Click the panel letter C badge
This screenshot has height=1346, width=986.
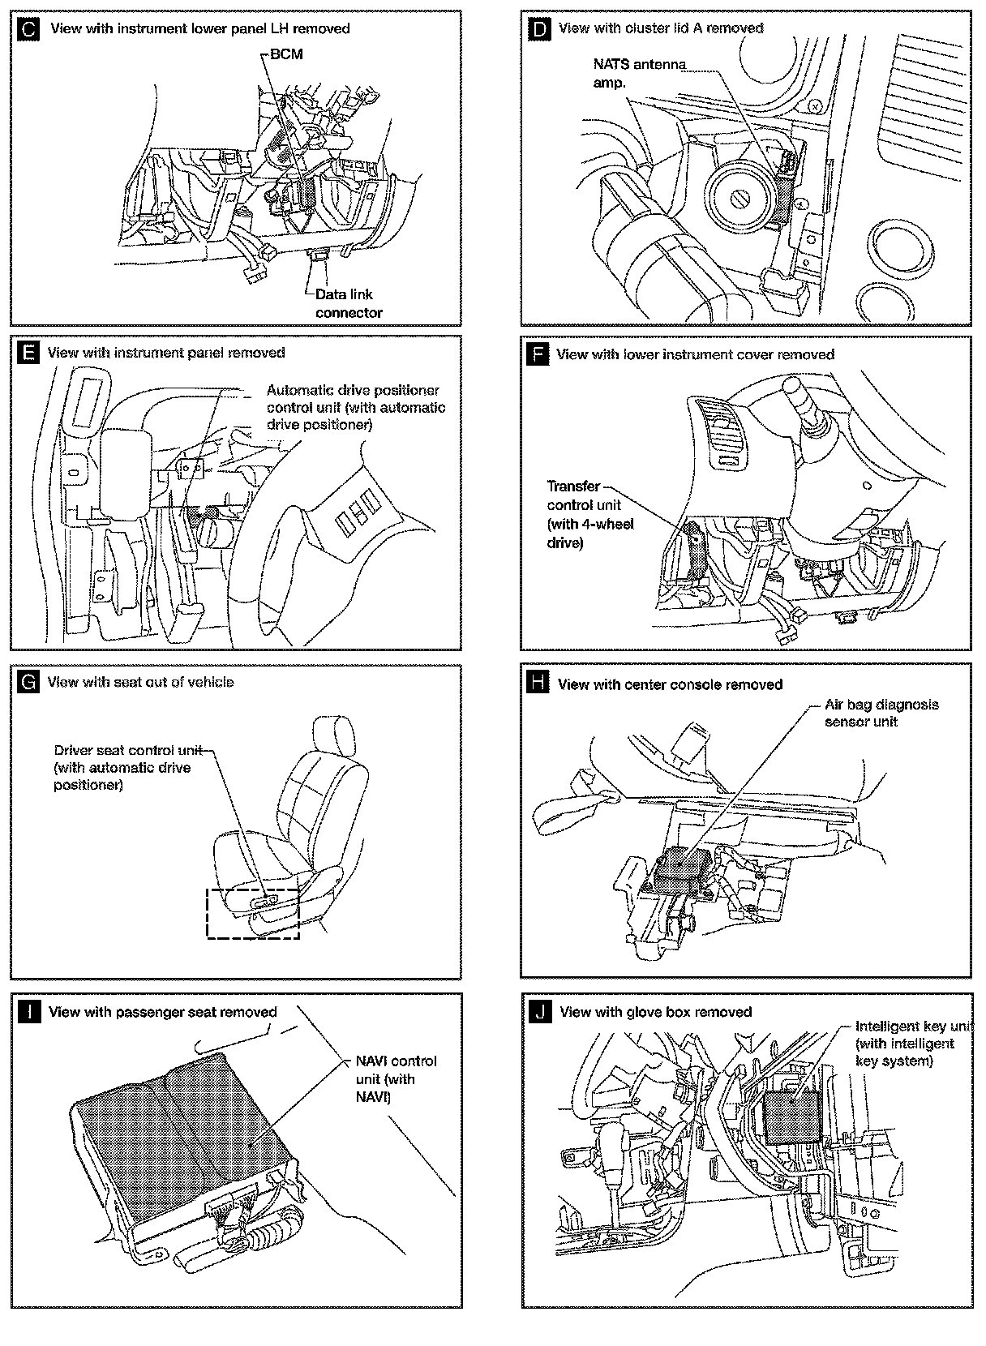pyautogui.click(x=28, y=30)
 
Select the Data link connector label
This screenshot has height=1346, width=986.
pyautogui.click(x=349, y=303)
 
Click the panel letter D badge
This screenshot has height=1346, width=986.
pyautogui.click(x=538, y=30)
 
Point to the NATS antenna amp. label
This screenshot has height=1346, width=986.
pyautogui.click(x=638, y=73)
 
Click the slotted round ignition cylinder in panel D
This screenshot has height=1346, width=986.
pyautogui.click(x=741, y=197)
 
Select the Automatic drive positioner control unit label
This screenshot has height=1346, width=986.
pyautogui.click(x=356, y=407)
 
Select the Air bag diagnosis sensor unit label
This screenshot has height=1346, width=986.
pyautogui.click(x=881, y=714)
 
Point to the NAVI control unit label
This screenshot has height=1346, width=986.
pyautogui.click(x=396, y=1078)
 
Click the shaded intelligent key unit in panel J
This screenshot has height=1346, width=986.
pyautogui.click(x=791, y=1116)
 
